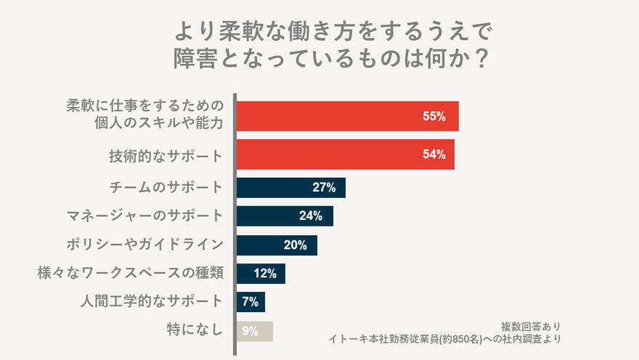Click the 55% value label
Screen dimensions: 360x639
click(x=434, y=116)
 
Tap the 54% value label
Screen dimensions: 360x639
click(x=433, y=155)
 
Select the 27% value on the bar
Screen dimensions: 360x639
click(x=324, y=188)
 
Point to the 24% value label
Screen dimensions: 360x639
click(x=311, y=216)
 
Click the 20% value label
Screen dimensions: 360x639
click(x=296, y=245)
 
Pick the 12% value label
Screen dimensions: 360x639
click(x=265, y=274)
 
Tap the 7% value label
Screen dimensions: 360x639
click(x=251, y=302)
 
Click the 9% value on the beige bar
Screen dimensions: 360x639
click(x=251, y=331)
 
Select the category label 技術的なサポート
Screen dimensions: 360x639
click(x=165, y=155)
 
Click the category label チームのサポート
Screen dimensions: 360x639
click(x=165, y=187)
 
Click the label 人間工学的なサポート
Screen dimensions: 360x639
click(x=150, y=301)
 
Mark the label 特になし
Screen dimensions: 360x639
click(x=194, y=330)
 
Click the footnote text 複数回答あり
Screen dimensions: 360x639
click(x=530, y=326)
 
